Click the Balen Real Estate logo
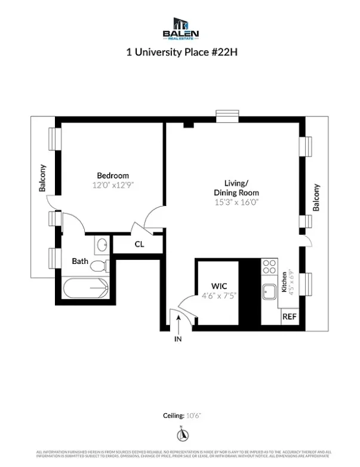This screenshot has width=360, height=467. [x=181, y=28]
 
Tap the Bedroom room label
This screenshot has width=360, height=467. [x=113, y=176]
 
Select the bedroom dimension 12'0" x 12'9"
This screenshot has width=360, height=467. [x=113, y=185]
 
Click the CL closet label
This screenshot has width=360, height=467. [x=139, y=244]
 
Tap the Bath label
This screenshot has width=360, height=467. [x=80, y=262]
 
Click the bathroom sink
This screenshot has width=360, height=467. [x=101, y=244]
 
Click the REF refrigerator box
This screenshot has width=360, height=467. [x=289, y=317]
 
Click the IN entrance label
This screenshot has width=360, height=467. [x=178, y=339]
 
